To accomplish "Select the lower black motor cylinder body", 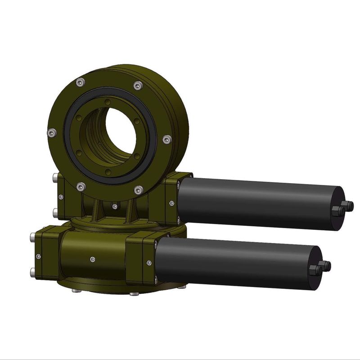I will (234, 262).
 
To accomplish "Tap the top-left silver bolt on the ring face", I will (81, 82).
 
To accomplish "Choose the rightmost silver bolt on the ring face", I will (166, 139).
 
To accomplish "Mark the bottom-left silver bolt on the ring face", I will (81, 185).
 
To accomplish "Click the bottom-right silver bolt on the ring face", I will (139, 189).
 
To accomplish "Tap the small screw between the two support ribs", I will (115, 207).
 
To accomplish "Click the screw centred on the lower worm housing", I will (93, 259).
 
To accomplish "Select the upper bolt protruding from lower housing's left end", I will (33, 237).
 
